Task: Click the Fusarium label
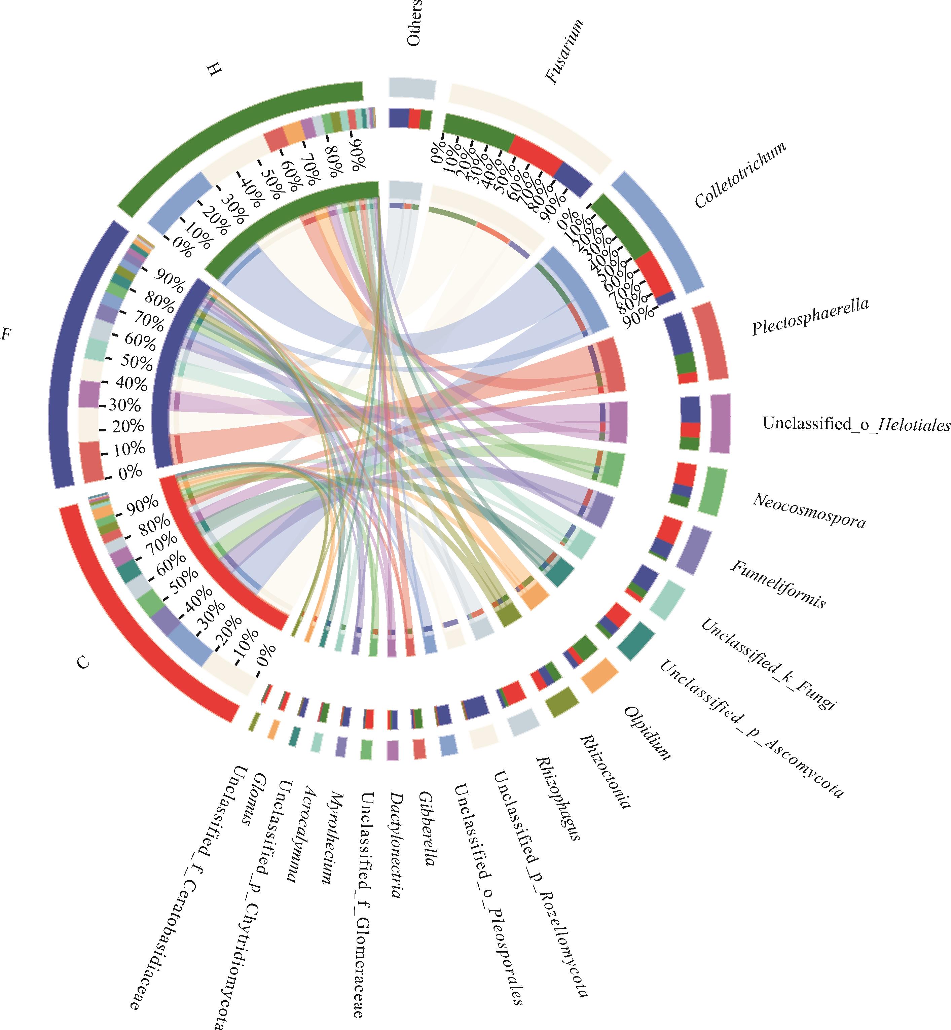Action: coord(564,51)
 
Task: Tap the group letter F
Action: coord(6,335)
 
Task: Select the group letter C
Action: coord(83,663)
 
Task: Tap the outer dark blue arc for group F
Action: coord(62,355)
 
